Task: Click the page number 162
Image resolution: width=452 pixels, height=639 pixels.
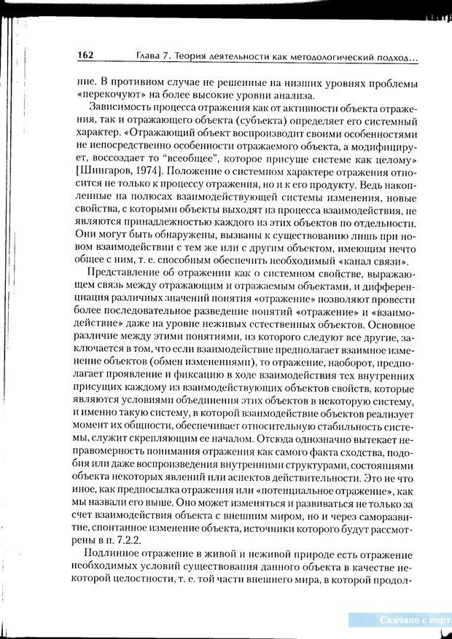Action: point(84,55)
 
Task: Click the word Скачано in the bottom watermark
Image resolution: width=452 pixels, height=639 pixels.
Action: point(401,620)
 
